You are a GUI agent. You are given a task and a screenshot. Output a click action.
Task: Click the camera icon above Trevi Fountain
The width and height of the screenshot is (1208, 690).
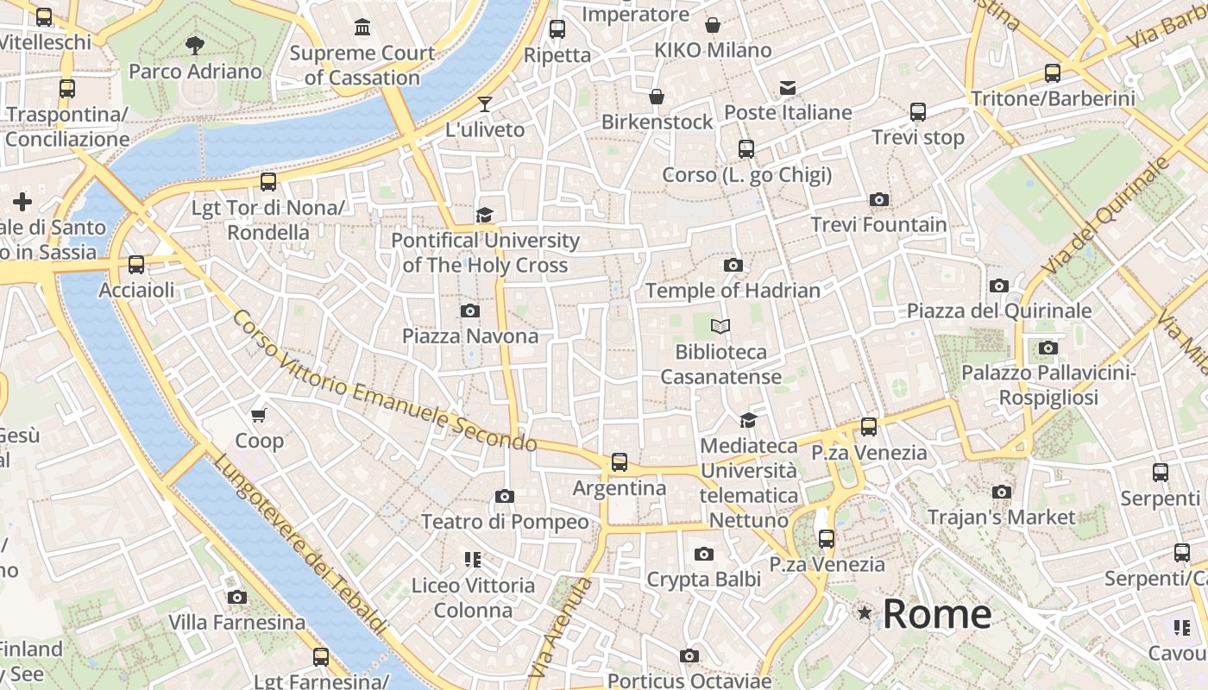(x=879, y=200)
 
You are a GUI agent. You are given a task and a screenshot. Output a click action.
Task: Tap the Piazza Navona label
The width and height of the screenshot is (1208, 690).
(x=470, y=336)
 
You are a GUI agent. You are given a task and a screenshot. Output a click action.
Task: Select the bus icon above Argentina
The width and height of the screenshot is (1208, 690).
(x=620, y=462)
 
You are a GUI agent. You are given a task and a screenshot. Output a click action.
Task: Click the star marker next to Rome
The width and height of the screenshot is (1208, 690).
(x=864, y=613)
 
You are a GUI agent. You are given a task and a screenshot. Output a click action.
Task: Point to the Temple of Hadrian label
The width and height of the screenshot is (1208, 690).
(x=733, y=291)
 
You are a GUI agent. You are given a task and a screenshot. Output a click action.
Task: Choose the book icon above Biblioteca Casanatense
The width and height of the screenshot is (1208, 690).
(x=720, y=326)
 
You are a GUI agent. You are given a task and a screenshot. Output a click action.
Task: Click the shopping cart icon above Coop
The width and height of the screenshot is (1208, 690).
(x=259, y=415)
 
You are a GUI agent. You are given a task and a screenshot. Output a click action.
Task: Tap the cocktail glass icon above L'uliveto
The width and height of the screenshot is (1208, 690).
(x=485, y=104)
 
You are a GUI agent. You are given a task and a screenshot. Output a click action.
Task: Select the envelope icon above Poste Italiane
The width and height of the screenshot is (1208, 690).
(x=788, y=87)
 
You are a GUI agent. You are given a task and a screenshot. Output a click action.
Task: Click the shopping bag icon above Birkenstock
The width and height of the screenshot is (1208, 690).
(x=657, y=97)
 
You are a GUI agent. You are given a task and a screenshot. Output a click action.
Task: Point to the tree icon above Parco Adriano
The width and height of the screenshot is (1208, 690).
(x=195, y=45)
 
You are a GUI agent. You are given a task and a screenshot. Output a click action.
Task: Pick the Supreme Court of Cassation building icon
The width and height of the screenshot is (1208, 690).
(x=362, y=28)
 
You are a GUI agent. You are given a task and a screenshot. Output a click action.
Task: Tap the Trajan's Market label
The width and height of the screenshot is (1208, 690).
(x=1001, y=517)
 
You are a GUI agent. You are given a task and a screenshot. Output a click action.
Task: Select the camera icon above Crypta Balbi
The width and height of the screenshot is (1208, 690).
(x=704, y=554)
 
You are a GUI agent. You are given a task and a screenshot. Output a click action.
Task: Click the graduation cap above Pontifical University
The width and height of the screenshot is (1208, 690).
(x=485, y=214)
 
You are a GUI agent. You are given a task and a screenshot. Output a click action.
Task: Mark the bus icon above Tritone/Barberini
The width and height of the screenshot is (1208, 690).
(x=1053, y=73)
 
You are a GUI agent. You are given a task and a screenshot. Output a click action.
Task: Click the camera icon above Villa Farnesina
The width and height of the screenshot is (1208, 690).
(x=236, y=597)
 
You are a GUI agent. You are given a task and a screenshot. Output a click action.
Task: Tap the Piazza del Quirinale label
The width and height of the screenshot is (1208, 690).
(x=999, y=310)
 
